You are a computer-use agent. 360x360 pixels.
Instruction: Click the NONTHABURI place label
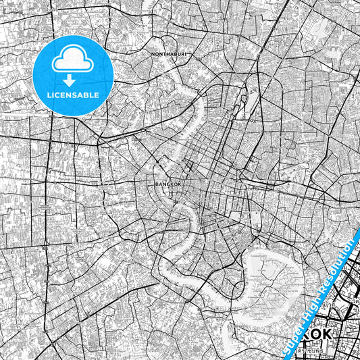coord(169,52)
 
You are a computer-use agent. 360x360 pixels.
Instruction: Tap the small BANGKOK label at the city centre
coord(168,183)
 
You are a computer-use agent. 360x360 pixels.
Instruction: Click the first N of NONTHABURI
coord(154,52)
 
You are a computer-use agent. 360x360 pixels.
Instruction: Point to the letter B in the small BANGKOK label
coord(157,183)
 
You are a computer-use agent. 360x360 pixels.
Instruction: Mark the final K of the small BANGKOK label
coord(180,183)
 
